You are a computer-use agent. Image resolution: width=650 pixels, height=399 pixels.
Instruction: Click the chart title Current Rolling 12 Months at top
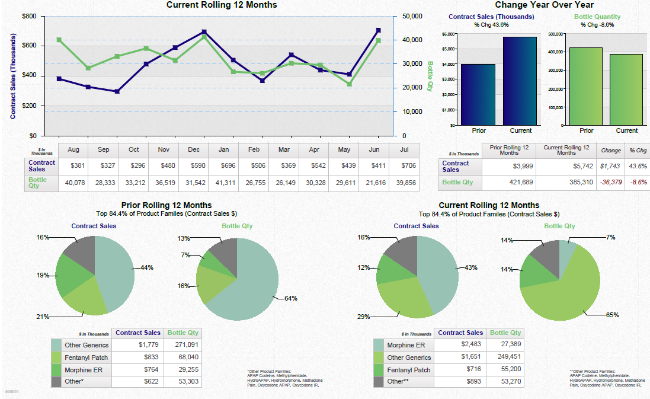[222, 5]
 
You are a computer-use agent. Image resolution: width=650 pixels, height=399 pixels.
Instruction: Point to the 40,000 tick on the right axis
[412, 40]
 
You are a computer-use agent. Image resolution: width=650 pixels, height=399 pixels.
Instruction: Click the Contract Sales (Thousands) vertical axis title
[13, 76]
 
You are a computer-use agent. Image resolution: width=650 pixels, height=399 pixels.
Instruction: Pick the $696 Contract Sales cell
[224, 166]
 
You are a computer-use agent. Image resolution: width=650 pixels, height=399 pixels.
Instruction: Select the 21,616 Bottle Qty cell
[374, 183]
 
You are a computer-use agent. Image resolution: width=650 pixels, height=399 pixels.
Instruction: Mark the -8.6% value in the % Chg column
[638, 183]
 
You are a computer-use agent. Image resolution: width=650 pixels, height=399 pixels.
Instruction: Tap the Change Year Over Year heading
[544, 5]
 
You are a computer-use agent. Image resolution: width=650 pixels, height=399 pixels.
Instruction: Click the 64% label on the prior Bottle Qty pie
[290, 299]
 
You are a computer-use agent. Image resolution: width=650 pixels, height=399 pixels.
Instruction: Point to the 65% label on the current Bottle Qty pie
[612, 315]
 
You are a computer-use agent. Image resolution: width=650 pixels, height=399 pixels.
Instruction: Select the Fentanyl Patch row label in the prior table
[87, 357]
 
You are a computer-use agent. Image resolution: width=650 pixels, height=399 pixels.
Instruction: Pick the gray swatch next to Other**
[379, 382]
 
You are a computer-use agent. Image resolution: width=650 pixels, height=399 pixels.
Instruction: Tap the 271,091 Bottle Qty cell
[187, 344]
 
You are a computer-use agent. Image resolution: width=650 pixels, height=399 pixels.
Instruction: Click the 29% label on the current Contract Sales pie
[363, 317]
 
